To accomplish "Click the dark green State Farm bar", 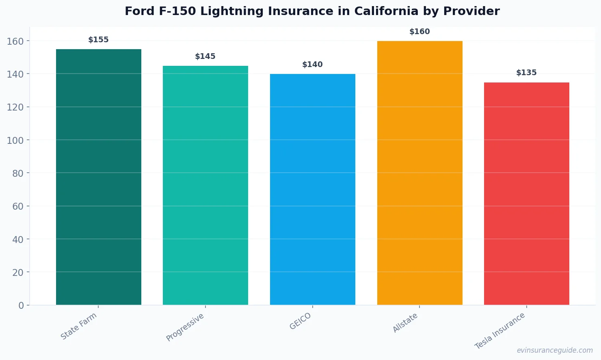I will click(98, 177).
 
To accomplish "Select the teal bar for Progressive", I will click(205, 185).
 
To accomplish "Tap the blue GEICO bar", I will click(312, 189).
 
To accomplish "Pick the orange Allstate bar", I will click(419, 173).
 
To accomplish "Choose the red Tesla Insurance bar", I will click(526, 193).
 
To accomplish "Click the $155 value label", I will click(98, 40).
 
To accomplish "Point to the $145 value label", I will click(205, 56).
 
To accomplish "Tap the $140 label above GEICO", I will click(312, 65).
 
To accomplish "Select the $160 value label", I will click(419, 32).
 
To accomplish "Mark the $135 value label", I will click(526, 73).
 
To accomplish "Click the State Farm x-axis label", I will click(79, 326).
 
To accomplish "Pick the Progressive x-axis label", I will click(185, 327).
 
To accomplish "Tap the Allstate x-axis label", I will click(405, 323).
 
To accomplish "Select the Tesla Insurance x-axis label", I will click(500, 331).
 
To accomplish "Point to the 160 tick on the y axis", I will click(15, 41).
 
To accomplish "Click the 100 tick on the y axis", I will click(15, 140).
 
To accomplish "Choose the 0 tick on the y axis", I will click(21, 306).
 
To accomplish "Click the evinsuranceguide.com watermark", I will click(555, 350).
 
